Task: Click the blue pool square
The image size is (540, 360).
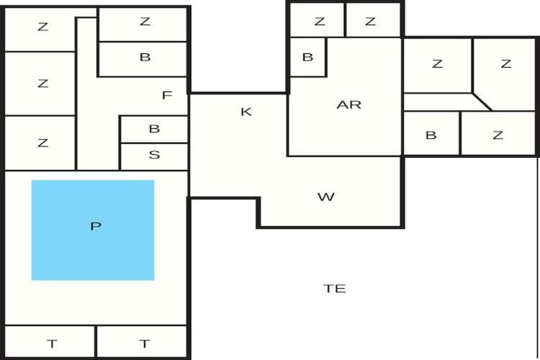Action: click(x=93, y=230)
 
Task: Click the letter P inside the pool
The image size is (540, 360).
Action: click(x=96, y=226)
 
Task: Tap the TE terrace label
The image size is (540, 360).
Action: click(x=334, y=288)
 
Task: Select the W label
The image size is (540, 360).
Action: click(x=325, y=197)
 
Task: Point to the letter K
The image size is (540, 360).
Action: click(x=246, y=112)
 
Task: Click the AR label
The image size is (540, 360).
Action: click(x=349, y=104)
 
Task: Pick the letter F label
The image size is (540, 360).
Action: click(x=167, y=95)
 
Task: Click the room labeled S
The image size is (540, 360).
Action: click(x=154, y=157)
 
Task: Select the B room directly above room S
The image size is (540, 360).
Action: click(x=154, y=130)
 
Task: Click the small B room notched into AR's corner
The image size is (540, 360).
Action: click(x=307, y=57)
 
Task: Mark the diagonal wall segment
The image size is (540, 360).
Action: click(x=482, y=102)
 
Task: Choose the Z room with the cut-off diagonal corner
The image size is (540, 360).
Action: click(x=505, y=74)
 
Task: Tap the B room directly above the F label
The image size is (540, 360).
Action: click(x=143, y=59)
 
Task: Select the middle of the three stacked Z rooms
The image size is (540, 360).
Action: click(x=40, y=84)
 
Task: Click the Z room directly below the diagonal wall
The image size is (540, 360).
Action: click(x=498, y=133)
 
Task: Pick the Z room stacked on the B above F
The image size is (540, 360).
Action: click(x=143, y=24)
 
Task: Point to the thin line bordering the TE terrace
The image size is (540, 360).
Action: click(x=538, y=258)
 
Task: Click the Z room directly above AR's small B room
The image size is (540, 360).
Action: click(x=318, y=20)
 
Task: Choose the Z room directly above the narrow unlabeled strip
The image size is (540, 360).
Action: click(x=437, y=66)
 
